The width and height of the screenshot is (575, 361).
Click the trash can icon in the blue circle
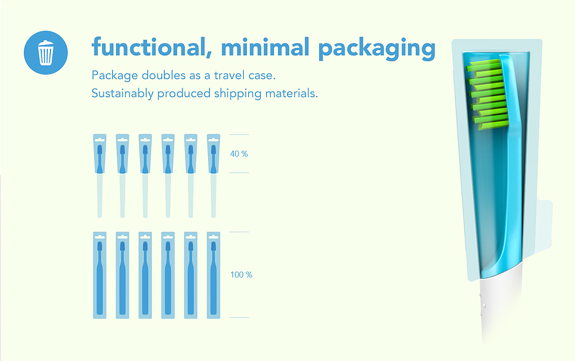46,52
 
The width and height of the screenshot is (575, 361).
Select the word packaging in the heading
377,49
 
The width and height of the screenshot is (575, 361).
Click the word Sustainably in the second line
123,93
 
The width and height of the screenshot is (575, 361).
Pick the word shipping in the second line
238,93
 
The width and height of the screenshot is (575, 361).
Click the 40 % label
239,154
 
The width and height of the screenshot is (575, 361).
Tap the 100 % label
241,275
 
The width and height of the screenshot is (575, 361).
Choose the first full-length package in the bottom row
100,275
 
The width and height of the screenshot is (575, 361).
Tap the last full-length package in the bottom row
213,275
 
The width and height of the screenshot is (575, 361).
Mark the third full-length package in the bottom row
145,275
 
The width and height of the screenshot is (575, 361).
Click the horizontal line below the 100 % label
239,317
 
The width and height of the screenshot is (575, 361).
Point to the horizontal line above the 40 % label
239,135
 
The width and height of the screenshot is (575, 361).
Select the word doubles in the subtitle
163,75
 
